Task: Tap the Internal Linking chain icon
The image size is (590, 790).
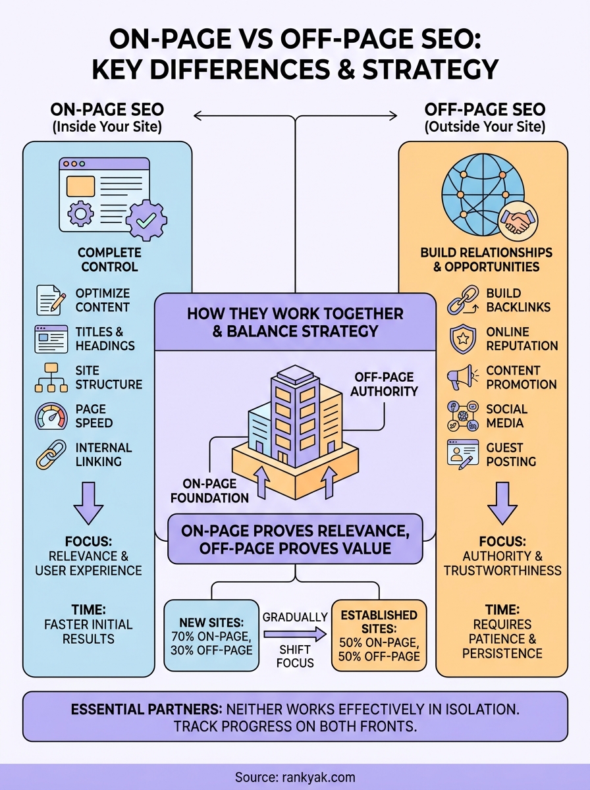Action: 51,455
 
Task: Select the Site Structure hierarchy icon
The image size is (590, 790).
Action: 51,377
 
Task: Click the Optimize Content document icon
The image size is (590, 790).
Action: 51,300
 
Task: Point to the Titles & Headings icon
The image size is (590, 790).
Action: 51,339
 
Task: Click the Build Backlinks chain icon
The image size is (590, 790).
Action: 462,300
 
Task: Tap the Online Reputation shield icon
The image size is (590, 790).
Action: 462,339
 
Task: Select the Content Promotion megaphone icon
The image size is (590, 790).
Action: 462,377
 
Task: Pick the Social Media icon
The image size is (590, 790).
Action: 462,416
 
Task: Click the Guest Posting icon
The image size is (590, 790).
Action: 462,454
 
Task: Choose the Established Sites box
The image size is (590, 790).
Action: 379,635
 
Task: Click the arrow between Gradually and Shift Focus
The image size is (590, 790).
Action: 294,635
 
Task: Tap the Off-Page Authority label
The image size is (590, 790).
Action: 385,384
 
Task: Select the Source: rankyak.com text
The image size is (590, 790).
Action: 294,777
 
